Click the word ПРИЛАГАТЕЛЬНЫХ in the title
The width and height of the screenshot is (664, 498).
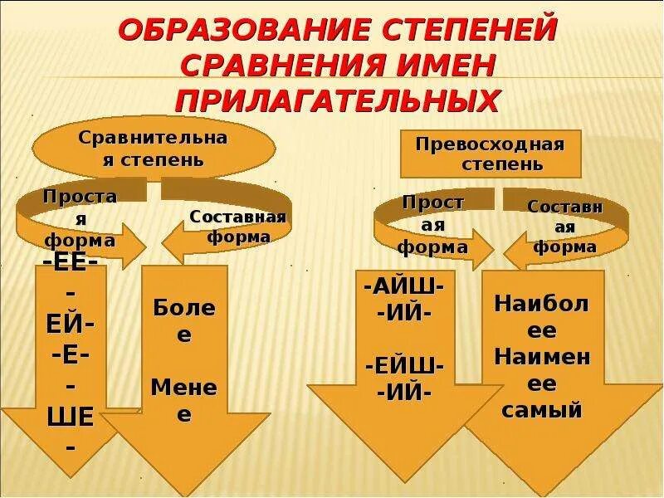(337, 100)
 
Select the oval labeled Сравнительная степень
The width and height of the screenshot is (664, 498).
(153, 148)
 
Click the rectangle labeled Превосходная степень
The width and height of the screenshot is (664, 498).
(491, 154)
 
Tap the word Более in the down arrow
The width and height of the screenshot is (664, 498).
(184, 320)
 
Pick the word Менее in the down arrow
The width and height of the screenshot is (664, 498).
(184, 400)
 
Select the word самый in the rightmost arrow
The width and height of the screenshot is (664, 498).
(542, 408)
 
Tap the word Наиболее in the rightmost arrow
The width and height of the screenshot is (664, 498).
(542, 315)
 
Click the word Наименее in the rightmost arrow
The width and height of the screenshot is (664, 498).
(542, 370)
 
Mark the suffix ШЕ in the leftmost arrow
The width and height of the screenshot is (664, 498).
(71, 418)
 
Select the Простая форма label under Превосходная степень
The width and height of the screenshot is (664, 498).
(432, 224)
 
